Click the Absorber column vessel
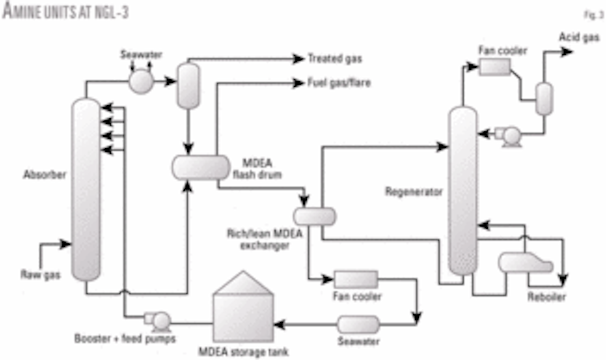coord(86,189)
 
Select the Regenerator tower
coord(463,189)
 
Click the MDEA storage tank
coord(243,312)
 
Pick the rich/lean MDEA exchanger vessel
coord(315,217)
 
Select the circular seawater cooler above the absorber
coord(141,81)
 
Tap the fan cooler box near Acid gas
coord(495,67)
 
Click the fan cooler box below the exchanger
coord(356,279)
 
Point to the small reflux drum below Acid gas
coord(544,99)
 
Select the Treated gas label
coord(335,59)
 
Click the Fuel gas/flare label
coord(339,83)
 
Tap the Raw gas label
coord(40,275)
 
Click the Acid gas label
coord(579,37)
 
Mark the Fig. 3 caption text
coord(594,15)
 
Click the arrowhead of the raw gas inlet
coord(66,244)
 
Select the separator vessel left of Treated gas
coord(188,85)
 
